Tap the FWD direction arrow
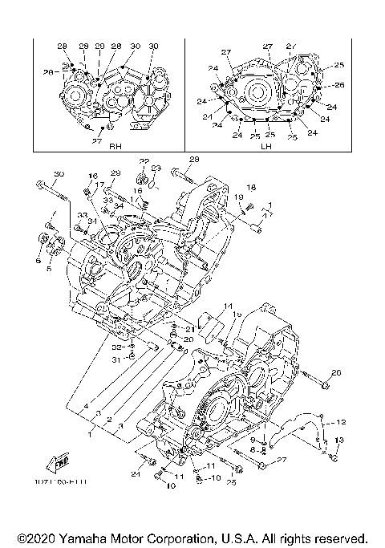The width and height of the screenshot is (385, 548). coord(60,463)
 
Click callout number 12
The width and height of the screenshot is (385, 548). coord(340,421)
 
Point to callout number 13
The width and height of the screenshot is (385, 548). coord(338,440)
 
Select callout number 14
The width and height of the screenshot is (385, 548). coord(228,306)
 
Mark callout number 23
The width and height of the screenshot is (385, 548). coord(156,168)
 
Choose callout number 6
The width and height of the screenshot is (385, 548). coord(38,261)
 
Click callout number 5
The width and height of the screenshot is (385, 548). coord(48,269)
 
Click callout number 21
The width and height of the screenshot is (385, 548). coord(190,329)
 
